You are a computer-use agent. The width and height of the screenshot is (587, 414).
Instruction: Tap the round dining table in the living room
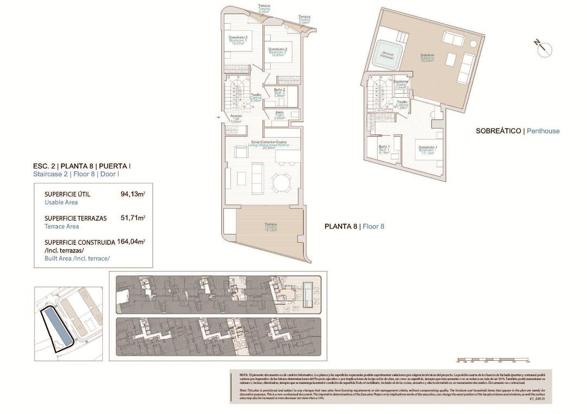282,182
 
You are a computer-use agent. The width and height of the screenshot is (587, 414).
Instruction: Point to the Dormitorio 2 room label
277,52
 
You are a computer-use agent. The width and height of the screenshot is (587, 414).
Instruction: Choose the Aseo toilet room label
279,115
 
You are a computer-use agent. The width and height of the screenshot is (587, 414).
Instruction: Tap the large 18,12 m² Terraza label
271,227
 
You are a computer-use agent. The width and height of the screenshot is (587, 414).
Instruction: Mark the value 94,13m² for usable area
133,194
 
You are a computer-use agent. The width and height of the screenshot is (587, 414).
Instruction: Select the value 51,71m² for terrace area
133,218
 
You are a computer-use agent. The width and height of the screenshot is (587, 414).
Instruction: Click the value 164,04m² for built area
133,242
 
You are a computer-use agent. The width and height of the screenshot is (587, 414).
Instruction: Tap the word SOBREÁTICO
498,131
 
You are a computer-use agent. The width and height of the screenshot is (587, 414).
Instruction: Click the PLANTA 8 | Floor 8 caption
354,226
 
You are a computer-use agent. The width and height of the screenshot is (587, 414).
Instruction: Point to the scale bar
493,360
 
